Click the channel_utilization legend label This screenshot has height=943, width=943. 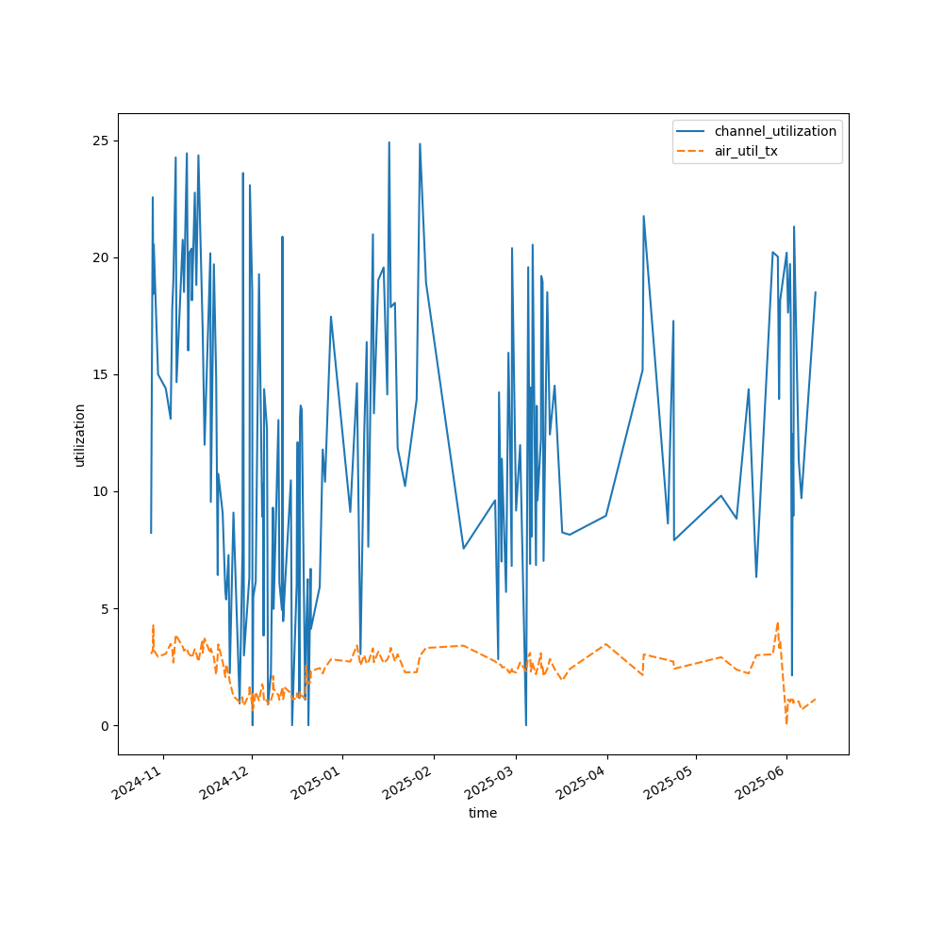(775, 131)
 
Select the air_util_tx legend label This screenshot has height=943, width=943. (746, 151)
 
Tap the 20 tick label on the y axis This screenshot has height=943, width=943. (101, 257)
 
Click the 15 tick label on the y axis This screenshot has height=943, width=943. (101, 374)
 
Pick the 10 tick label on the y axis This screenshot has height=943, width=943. (101, 492)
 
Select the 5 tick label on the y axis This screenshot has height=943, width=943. (106, 608)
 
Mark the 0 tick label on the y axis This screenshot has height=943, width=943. (106, 726)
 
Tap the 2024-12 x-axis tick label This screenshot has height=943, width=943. (226, 783)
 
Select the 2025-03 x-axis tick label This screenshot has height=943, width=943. (490, 783)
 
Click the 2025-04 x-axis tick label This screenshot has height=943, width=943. (582, 783)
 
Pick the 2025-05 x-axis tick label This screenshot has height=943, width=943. (670, 783)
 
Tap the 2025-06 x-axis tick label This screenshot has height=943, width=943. (762, 783)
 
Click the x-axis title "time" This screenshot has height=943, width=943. (483, 813)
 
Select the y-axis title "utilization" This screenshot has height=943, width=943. (79, 436)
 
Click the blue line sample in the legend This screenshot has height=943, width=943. (690, 131)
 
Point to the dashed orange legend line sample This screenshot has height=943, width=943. (690, 151)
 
